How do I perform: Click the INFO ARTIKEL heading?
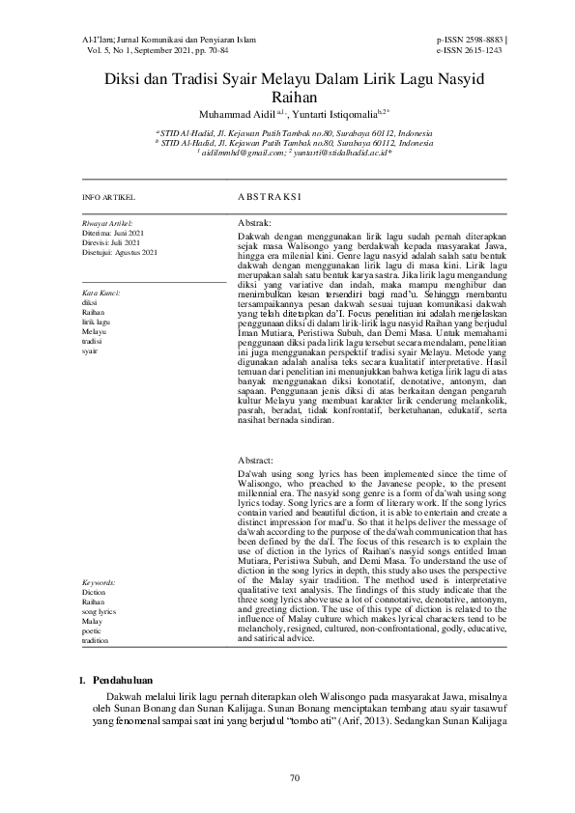pyautogui.click(x=109, y=196)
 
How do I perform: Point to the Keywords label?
pyautogui.click(x=99, y=583)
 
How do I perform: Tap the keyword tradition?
pyautogui.click(x=96, y=640)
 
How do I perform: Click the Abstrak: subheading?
pyautogui.click(x=254, y=223)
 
